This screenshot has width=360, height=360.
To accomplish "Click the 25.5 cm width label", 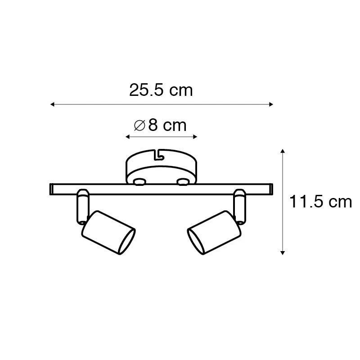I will pyautogui.click(x=161, y=90).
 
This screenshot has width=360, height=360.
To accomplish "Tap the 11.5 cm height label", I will pyautogui.click(x=320, y=202).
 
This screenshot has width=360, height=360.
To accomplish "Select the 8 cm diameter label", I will pyautogui.click(x=161, y=125).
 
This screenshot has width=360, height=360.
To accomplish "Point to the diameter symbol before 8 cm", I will pyautogui.click(x=139, y=126).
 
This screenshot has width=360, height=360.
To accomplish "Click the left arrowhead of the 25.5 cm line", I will pyautogui.click(x=52, y=104).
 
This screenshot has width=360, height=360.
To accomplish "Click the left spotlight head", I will pyautogui.click(x=108, y=234).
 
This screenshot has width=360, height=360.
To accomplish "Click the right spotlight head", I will pyautogui.click(x=214, y=234).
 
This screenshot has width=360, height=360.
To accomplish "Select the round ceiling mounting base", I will pyautogui.click(x=161, y=166).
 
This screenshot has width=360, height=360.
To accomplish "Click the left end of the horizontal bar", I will pyautogui.click(x=52, y=189).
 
